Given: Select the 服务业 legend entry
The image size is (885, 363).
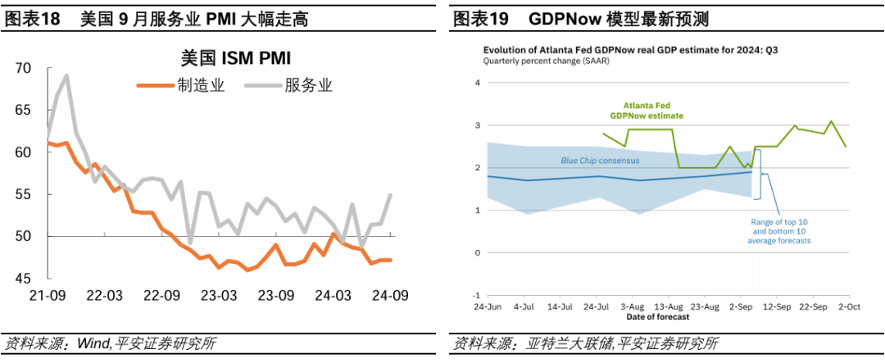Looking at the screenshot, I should (x=307, y=85).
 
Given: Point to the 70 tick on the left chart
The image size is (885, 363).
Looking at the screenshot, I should (x=23, y=68).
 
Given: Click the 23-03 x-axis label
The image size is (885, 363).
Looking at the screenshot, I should (x=220, y=295).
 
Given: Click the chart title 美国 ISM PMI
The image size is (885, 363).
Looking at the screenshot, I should (x=236, y=58).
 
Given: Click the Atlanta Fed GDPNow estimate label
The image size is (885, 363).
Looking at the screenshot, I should (x=653, y=111).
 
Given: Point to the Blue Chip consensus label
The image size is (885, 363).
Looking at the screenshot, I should (x=599, y=161).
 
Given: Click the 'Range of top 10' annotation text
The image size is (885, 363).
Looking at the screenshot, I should (x=779, y=221).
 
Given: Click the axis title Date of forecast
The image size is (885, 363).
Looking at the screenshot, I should (x=657, y=316).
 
